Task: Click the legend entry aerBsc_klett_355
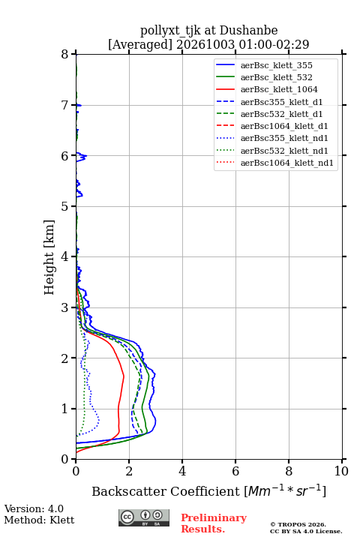264,65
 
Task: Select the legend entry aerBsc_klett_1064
267,89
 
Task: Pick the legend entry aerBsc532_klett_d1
269,114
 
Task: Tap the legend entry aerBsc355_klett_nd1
271,138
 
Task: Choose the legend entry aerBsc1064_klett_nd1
274,163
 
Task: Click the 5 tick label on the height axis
65,206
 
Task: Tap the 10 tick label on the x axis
341,471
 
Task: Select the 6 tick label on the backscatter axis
235,471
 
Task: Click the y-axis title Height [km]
49,257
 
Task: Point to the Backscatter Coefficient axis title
208,490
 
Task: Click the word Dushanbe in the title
248,31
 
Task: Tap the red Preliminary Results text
214,523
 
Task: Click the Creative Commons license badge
144,517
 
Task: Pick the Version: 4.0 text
34,508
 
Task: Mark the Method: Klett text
39,520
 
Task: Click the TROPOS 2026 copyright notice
298,524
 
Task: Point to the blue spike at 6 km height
81,157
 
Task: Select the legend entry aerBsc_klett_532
264,77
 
